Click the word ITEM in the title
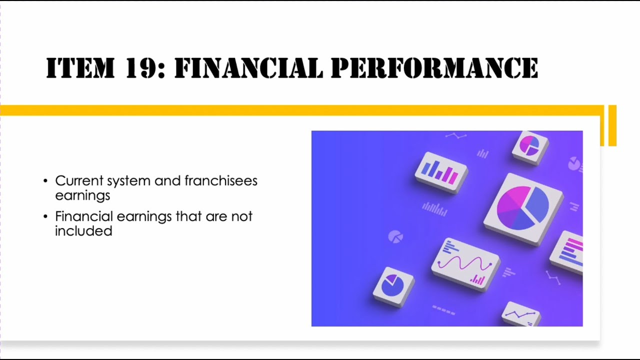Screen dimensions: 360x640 [79, 68]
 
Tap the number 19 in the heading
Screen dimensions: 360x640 [145, 68]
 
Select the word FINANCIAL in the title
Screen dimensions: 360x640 [248, 68]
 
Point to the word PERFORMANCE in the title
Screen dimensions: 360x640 [434, 68]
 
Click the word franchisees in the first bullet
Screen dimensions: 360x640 [221, 180]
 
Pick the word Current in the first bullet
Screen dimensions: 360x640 [78, 180]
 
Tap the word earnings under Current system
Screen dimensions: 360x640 [82, 195]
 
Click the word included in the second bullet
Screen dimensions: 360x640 [83, 231]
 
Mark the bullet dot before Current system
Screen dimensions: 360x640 [46, 181]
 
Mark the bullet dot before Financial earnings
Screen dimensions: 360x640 [46, 217]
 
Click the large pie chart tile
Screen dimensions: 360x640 [523, 207]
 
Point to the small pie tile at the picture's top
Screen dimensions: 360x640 [530, 146]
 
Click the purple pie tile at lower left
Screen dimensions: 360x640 [393, 286]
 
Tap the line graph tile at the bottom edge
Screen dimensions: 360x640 [520, 314]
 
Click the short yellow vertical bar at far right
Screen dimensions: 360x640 [612, 125]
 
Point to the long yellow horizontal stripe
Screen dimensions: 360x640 [300, 110]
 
